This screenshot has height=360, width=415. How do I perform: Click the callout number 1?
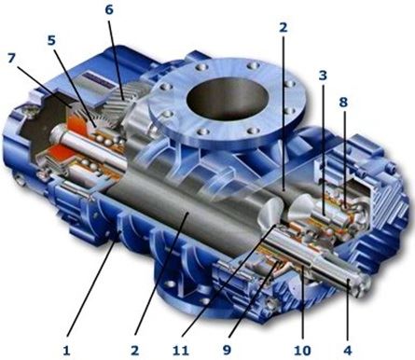67,351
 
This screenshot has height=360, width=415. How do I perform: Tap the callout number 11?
181,351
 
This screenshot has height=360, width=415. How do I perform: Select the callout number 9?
227,351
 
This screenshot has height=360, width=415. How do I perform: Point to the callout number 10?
302,351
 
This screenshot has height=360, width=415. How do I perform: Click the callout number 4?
348,351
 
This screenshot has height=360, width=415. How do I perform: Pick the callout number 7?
11,58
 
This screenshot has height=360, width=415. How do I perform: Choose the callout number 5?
51,40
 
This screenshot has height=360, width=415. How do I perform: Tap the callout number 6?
109,9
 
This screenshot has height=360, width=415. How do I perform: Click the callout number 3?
323,75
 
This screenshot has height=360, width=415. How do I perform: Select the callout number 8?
343,103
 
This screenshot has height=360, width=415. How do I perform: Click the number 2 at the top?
283,28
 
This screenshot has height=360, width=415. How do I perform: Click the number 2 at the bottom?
134,351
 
